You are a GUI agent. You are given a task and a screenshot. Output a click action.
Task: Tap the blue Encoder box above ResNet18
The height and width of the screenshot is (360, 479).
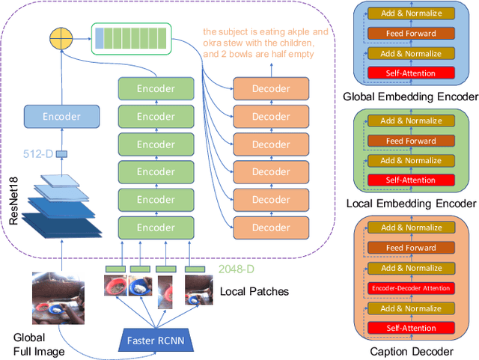click(x=62, y=117)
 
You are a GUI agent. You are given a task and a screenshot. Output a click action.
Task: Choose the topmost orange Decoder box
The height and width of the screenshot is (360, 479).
click(x=271, y=89)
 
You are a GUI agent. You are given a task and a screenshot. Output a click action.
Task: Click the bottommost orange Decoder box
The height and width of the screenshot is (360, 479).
click(x=271, y=228)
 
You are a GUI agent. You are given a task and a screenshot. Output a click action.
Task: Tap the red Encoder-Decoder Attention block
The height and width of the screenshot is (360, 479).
click(x=410, y=288)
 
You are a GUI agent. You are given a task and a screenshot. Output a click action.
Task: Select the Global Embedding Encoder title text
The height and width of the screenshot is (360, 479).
click(x=409, y=97)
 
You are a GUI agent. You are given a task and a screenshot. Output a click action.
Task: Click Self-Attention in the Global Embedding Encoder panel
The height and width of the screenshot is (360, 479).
click(x=410, y=73)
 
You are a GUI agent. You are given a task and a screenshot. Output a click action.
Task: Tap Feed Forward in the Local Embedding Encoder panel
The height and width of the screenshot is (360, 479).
click(x=410, y=141)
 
